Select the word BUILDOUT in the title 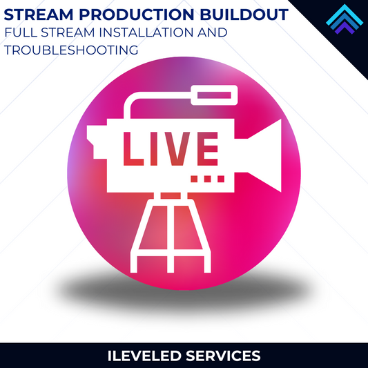(229, 13)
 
